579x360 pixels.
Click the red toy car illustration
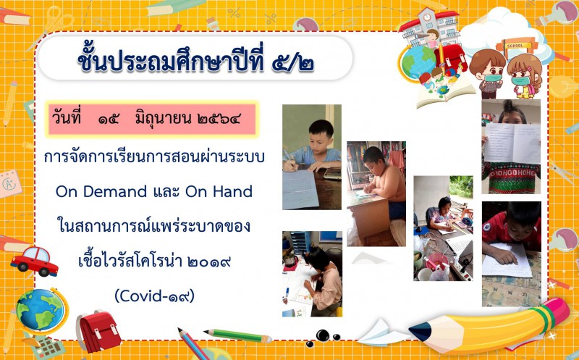pyautogui.click(x=34, y=261)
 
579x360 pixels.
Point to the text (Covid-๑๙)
pyautogui.click(x=155, y=296)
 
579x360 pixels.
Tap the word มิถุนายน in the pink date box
pyautogui.click(x=164, y=119)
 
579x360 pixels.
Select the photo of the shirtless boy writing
pyautogui.click(x=376, y=193)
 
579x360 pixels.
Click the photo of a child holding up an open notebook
pyautogui.click(x=511, y=146)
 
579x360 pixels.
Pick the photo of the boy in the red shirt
pyautogui.click(x=512, y=254)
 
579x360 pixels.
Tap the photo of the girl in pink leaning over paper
pyautogui.click(x=313, y=274)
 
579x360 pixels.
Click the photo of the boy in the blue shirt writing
pyautogui.click(x=312, y=157)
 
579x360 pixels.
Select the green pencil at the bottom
pyautogui.click(x=238, y=335)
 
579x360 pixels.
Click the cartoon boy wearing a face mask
pyautogui.click(x=487, y=73)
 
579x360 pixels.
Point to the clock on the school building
pyautogui.click(x=427, y=17)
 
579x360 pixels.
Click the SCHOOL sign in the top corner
pyautogui.click(x=515, y=46)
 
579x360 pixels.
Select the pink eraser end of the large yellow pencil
pyautogui.click(x=556, y=312)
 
